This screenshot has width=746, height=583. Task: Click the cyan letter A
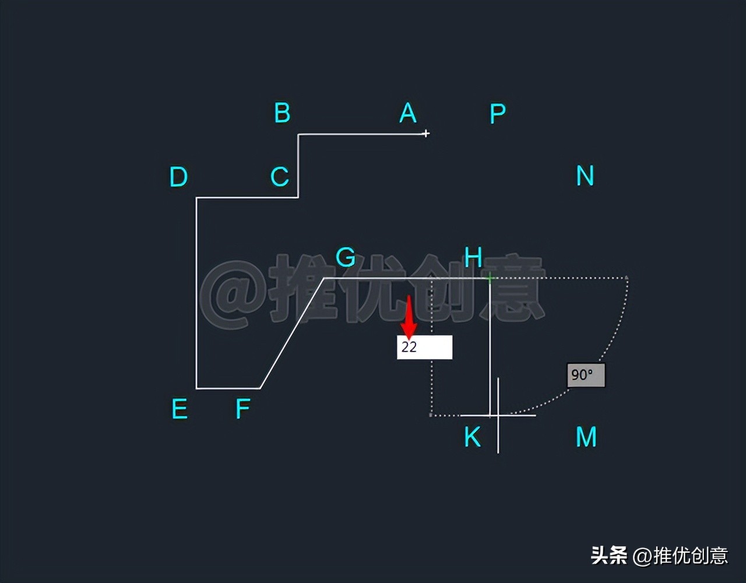(408, 113)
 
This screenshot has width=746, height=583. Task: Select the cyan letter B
(282, 113)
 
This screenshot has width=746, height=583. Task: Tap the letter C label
(280, 177)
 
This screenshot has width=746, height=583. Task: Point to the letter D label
(178, 177)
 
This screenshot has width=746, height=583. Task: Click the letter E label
(180, 410)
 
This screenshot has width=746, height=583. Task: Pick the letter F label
(242, 410)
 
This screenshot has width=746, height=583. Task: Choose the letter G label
(346, 257)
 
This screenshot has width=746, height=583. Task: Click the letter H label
(473, 257)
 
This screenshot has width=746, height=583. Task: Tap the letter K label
(472, 437)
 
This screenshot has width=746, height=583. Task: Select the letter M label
(586, 437)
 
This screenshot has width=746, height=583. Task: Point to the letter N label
(585, 176)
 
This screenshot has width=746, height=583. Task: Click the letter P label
(497, 114)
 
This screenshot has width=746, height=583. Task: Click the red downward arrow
(409, 318)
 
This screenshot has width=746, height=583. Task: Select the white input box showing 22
(424, 347)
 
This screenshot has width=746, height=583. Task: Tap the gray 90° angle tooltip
(586, 375)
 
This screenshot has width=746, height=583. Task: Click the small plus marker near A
(426, 134)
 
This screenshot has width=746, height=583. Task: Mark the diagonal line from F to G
(291, 333)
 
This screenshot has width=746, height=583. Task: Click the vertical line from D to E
(196, 291)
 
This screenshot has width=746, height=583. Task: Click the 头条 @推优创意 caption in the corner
(659, 555)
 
